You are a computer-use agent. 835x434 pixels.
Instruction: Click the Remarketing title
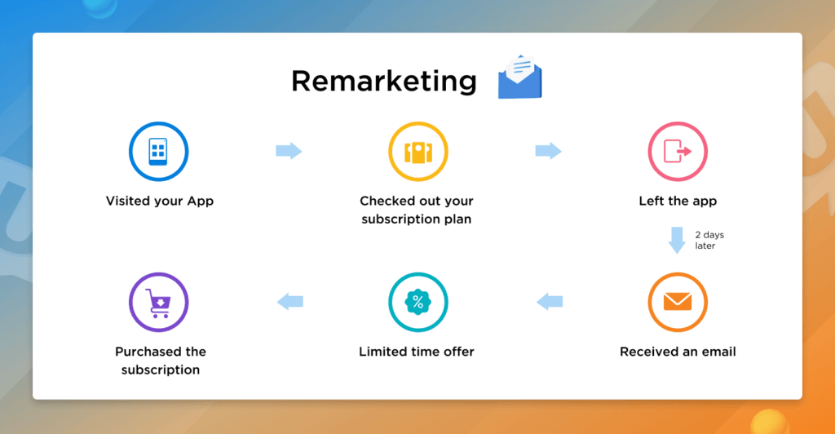click(x=384, y=81)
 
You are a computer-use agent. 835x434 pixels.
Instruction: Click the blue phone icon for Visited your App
click(x=159, y=151)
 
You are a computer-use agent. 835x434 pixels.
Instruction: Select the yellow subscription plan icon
click(x=418, y=152)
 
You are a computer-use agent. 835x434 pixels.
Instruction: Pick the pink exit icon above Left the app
click(x=678, y=152)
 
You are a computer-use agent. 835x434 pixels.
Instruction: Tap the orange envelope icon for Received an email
click(x=678, y=302)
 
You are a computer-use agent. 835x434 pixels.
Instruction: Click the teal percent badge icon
click(x=418, y=302)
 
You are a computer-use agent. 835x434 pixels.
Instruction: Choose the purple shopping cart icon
click(x=159, y=302)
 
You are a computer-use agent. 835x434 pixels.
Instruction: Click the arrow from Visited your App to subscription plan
click(x=289, y=151)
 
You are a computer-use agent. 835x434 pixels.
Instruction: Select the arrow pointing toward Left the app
click(x=548, y=151)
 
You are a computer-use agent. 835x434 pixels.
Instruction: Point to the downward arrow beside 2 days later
click(x=677, y=241)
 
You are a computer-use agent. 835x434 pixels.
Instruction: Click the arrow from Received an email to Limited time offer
click(x=549, y=302)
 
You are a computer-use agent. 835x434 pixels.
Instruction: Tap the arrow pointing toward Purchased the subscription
click(x=289, y=302)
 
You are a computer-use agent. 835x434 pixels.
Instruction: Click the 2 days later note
click(x=709, y=241)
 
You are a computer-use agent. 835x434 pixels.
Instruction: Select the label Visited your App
click(x=160, y=201)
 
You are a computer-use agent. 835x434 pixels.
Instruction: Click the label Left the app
click(x=678, y=201)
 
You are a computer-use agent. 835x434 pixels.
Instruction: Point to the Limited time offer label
click(x=417, y=352)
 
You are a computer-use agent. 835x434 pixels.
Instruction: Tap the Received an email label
click(x=678, y=352)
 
